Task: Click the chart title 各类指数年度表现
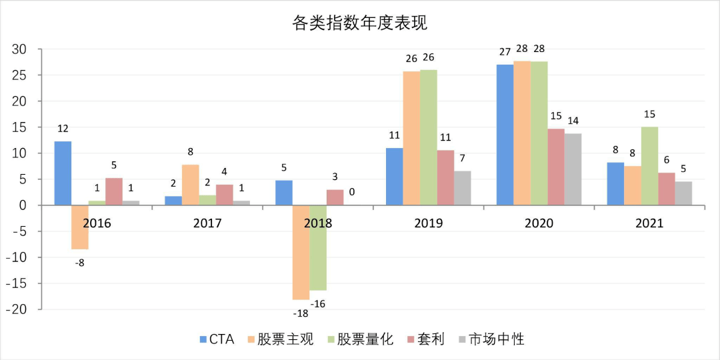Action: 359,23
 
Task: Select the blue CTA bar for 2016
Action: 63,173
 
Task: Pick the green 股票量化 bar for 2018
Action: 318,247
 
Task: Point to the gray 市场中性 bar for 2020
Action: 573,169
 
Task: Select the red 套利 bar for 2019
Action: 445,177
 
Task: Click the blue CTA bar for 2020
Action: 505,135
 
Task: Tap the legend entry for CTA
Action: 217,339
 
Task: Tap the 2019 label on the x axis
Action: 428,223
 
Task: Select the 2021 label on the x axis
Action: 649,223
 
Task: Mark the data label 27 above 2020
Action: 505,52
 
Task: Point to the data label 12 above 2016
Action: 63,128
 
